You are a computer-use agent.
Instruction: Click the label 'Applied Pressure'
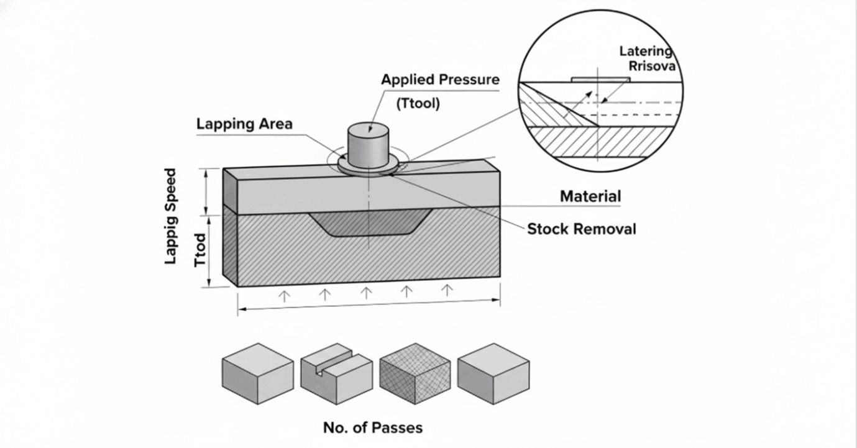click(440, 80)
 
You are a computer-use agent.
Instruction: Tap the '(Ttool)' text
click(418, 104)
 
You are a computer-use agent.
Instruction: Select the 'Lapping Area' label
click(244, 123)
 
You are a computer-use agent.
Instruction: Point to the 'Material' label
click(590, 196)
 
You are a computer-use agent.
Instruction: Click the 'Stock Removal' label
click(581, 229)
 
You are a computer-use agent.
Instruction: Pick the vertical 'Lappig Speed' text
click(171, 216)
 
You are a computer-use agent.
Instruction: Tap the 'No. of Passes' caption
click(372, 427)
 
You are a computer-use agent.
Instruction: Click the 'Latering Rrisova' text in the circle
click(646, 58)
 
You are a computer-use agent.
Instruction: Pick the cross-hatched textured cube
click(415, 374)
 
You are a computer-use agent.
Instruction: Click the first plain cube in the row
click(257, 374)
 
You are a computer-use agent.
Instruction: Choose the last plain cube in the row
click(493, 374)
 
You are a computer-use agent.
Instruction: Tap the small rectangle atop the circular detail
click(601, 80)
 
